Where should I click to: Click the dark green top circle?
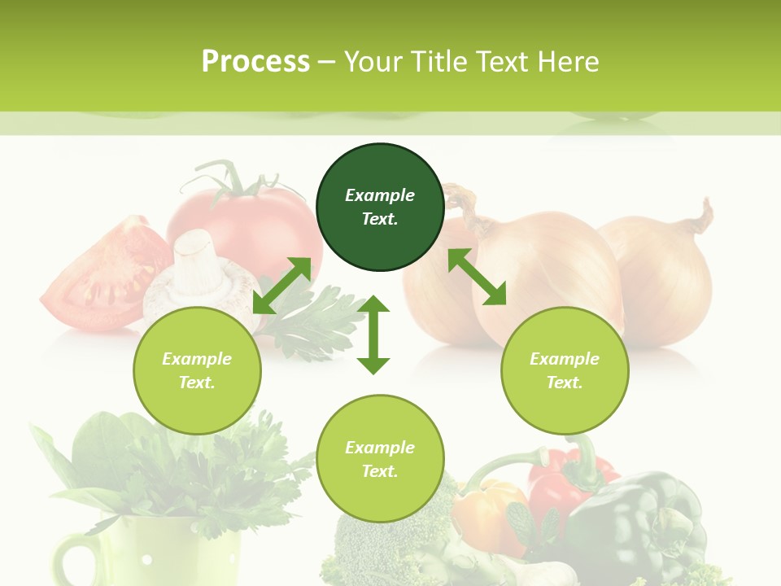380,208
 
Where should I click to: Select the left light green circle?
197,370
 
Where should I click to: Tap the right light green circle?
565,370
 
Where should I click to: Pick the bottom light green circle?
380,459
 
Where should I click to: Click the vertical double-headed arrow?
373,335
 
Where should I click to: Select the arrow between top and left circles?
282,286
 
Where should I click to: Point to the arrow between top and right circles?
477,277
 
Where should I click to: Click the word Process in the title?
255,62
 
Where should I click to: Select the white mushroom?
195,277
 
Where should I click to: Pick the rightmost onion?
667,277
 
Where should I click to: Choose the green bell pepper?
643,521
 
